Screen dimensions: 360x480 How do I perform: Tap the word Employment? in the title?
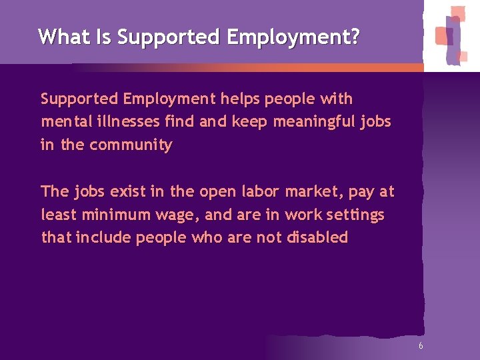pyautogui.click(x=293, y=37)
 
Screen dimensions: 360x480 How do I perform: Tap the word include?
pyautogui.click(x=104, y=238)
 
